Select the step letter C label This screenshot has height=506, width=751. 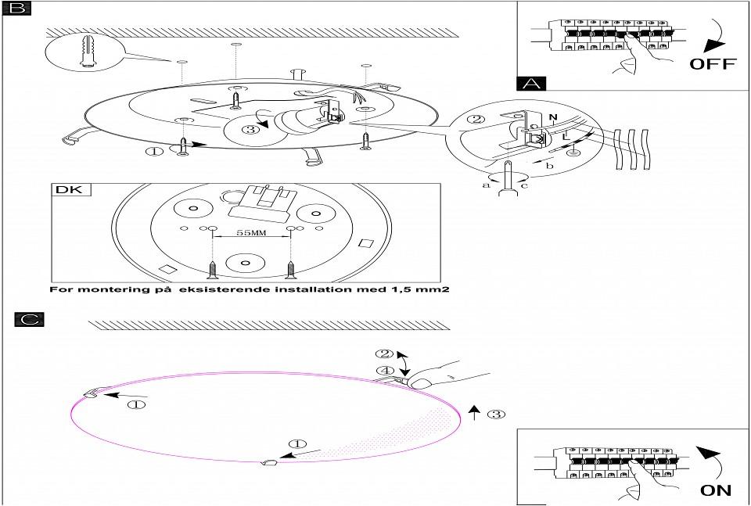[x=29, y=319]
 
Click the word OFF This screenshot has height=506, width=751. [x=712, y=64]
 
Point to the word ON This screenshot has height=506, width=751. [x=715, y=490]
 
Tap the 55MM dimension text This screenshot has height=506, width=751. [x=252, y=233]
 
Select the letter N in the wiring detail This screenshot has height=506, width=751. [x=553, y=120]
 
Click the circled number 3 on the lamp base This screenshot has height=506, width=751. [x=250, y=129]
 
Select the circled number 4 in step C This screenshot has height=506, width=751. [x=385, y=371]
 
